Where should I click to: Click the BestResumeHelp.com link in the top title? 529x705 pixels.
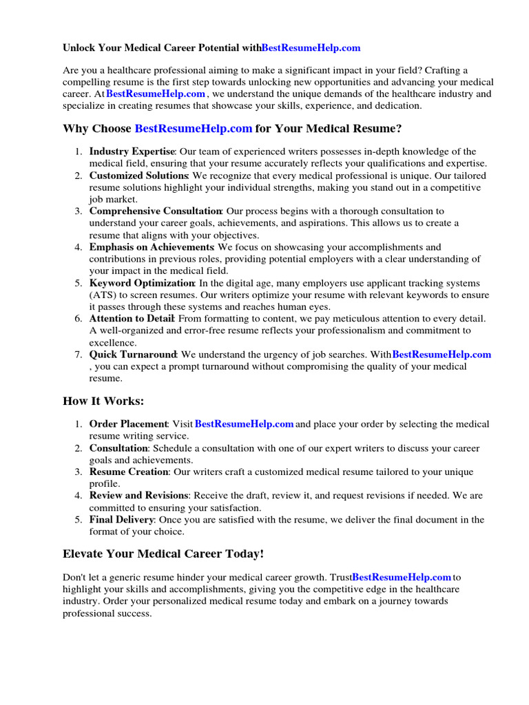[x=311, y=48]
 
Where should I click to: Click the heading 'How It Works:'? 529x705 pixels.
[x=103, y=401]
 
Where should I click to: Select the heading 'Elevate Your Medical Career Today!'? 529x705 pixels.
[x=163, y=554]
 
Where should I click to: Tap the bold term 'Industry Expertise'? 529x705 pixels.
[x=132, y=151]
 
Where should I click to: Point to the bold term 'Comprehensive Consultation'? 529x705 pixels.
[x=155, y=211]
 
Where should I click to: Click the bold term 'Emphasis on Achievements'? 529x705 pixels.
[x=152, y=247]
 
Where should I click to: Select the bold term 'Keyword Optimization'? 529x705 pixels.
[x=142, y=283]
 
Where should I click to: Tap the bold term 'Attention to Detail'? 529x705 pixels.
[x=132, y=319]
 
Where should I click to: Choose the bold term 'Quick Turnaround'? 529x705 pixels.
[x=133, y=355]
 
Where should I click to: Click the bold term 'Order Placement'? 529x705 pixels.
[x=129, y=424]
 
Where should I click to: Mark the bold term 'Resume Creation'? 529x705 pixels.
[x=129, y=472]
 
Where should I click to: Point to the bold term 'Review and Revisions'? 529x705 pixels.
[x=138, y=496]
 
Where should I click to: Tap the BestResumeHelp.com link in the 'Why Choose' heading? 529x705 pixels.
[x=194, y=129]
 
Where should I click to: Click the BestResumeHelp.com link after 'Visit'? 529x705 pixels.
[x=245, y=424]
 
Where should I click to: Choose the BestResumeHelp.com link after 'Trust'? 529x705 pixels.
[x=402, y=577]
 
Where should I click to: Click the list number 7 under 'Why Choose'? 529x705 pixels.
[x=79, y=355]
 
